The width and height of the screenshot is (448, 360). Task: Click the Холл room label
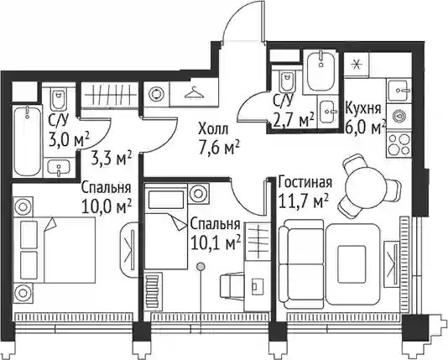click(213, 128)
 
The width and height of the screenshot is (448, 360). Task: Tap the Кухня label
click(363, 108)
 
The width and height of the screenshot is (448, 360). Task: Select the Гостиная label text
click(305, 182)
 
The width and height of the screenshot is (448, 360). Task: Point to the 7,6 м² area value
click(219, 149)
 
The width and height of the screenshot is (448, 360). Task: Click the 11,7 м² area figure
click(303, 202)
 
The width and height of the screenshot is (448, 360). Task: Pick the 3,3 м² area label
click(112, 159)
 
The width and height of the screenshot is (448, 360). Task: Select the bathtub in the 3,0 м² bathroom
click(28, 140)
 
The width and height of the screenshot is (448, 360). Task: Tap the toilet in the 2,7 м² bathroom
click(288, 81)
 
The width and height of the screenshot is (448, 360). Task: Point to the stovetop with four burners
click(399, 145)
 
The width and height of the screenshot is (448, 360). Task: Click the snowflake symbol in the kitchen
click(356, 65)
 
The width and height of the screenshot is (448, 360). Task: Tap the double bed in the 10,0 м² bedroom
click(58, 249)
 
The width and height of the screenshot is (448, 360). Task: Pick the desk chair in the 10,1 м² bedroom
click(232, 285)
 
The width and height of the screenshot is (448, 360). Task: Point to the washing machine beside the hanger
click(157, 94)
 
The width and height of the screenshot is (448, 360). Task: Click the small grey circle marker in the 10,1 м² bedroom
click(201, 267)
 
